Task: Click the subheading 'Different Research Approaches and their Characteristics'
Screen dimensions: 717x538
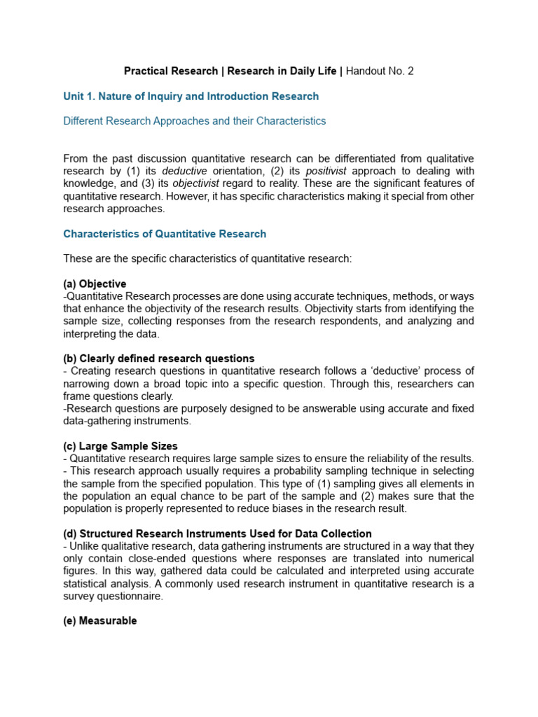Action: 194,120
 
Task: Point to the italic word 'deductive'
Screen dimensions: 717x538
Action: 185,171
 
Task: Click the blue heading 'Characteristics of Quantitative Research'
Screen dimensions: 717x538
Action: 165,234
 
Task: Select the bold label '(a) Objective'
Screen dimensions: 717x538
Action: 95,284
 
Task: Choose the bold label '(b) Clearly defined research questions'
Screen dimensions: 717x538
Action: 159,358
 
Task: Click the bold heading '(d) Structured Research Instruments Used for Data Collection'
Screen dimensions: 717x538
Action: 217,534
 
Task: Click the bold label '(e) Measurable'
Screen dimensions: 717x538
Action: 100,621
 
